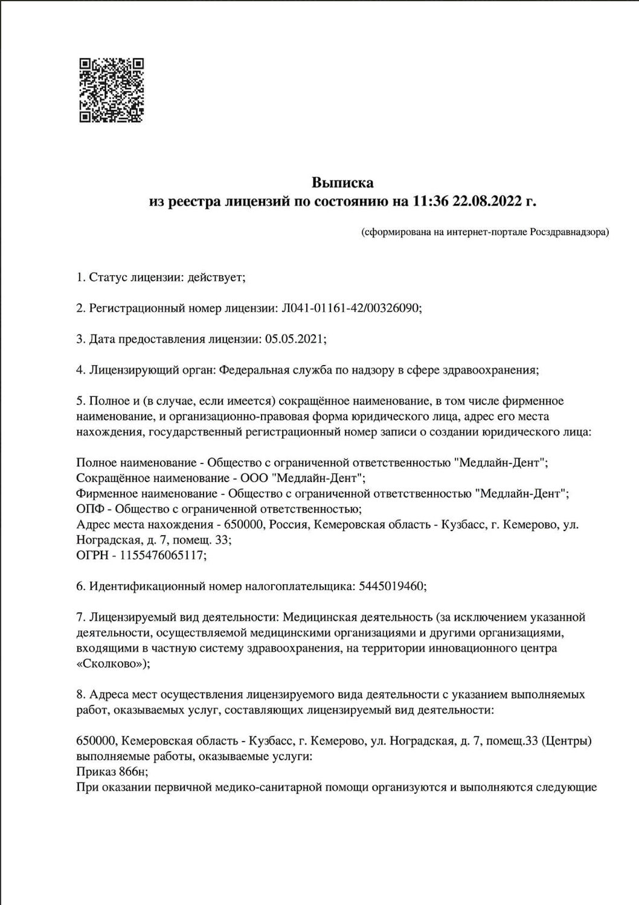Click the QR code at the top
(112, 91)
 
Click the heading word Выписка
(342, 182)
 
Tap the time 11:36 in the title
(430, 202)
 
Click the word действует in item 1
(215, 278)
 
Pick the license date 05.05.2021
(294, 339)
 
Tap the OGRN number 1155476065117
(161, 555)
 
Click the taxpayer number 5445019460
(391, 586)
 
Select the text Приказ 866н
(111, 772)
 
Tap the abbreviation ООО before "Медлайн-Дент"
(254, 478)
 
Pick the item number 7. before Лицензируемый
(81, 617)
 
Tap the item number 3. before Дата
(81, 339)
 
